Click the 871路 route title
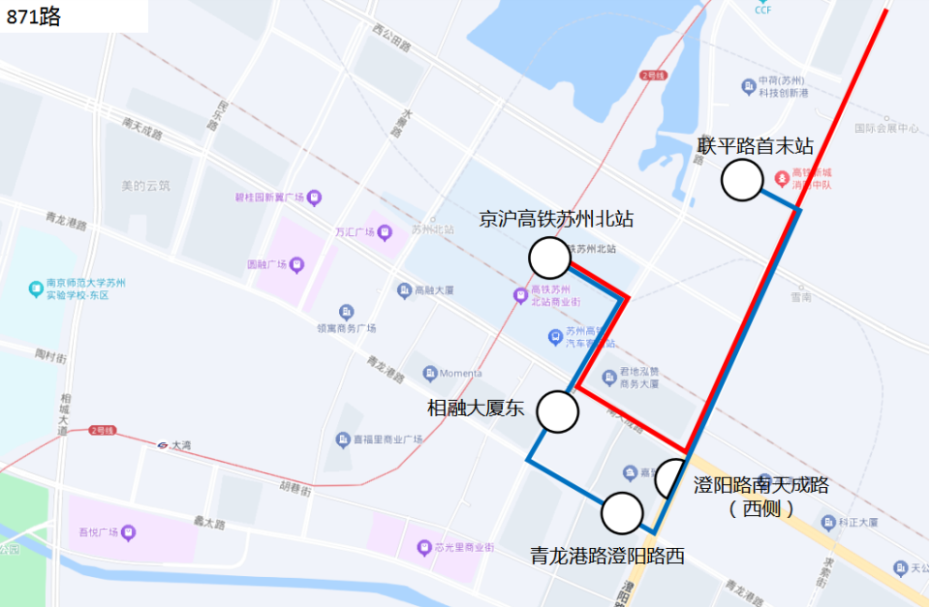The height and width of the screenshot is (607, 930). coord(34,15)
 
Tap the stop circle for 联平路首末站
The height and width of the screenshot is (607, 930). coord(743,181)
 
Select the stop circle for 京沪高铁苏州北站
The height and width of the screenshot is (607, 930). coord(549,258)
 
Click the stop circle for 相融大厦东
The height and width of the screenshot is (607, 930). coord(558,411)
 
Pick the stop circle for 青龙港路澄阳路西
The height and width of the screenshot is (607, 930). coord(622,513)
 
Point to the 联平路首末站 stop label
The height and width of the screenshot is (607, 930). coord(756,146)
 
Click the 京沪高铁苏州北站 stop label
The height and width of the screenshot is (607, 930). coord(556,220)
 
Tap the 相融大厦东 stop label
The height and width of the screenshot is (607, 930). coord(476,409)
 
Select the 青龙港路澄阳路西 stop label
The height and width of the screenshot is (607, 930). coord(607,556)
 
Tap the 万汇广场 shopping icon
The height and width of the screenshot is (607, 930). coord(386,232)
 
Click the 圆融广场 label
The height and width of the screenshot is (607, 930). coord(268,264)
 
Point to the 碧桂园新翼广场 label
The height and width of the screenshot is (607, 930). coord(270,197)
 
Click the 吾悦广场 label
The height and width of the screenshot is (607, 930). coord(99,532)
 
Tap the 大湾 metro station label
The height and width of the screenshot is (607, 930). coord(180,445)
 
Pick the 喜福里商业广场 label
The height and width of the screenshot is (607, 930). coord(387,440)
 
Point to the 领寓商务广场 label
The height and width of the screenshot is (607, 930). coord(346,328)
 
